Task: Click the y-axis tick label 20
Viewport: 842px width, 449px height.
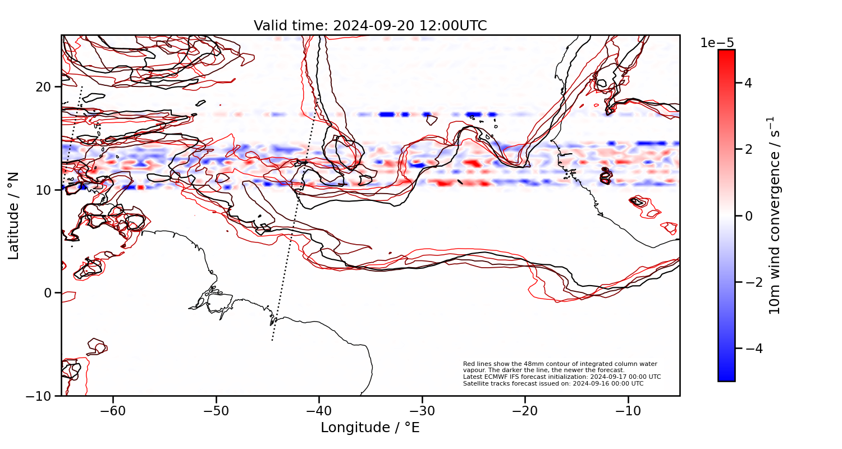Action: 45,87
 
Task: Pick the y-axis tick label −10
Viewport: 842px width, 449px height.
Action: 39,396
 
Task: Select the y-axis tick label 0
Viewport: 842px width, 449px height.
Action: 49,293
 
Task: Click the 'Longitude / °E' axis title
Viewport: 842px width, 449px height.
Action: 370,428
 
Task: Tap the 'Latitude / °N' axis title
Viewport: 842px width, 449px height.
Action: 14,216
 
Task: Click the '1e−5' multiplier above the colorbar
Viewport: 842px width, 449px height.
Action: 717,43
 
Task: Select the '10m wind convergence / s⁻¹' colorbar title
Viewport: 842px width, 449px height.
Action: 775,216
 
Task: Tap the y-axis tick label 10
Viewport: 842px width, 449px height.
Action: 45,190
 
